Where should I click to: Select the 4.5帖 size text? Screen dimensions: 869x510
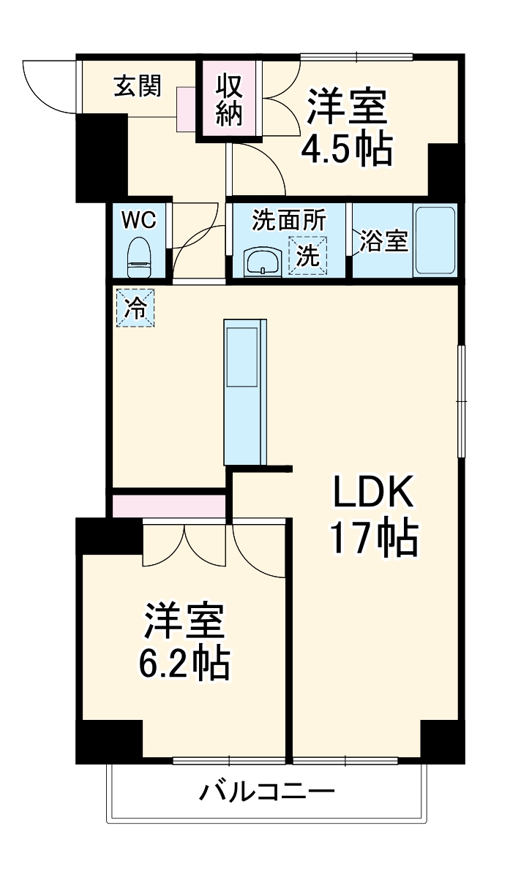click(x=347, y=150)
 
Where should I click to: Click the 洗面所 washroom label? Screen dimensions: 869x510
click(x=288, y=220)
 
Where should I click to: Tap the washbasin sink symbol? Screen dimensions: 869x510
click(x=262, y=262)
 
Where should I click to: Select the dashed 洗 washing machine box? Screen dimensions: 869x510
click(x=307, y=256)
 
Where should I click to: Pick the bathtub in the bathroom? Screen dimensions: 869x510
click(x=435, y=240)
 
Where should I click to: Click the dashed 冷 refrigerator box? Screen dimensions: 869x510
click(x=135, y=308)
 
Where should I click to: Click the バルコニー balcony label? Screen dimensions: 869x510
click(x=268, y=791)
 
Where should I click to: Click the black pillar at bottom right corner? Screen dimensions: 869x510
click(x=442, y=740)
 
